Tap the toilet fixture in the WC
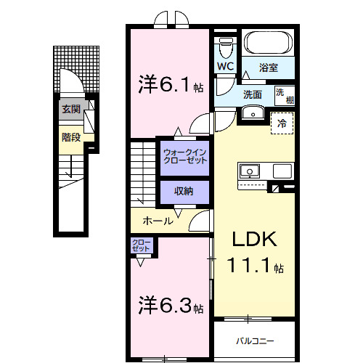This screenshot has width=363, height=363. (x=225, y=47)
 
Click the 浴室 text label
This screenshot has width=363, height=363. (x=269, y=68)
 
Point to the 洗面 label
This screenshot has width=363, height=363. (x=253, y=94)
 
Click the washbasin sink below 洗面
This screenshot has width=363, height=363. (x=253, y=112)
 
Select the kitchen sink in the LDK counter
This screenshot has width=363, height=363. (x=249, y=171)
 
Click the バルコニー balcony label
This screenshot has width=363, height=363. (x=254, y=339)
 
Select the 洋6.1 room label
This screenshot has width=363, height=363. (x=169, y=85)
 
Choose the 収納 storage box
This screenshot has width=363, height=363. (x=184, y=191)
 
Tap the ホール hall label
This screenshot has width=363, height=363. (x=158, y=221)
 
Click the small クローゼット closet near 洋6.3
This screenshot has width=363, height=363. (x=141, y=245)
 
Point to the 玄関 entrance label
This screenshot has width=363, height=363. (x=70, y=110)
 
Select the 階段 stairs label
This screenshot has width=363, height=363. (x=70, y=135)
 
